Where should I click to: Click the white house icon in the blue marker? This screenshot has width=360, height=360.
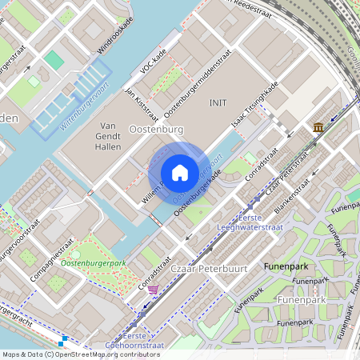point(180,173)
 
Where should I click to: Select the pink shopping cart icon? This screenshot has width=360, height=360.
point(152,290)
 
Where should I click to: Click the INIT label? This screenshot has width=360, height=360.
point(218,103)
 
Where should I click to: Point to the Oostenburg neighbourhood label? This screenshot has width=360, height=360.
point(155,129)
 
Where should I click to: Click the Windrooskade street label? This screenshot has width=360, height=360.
point(111,41)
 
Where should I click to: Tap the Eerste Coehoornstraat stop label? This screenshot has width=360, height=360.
point(134,341)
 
